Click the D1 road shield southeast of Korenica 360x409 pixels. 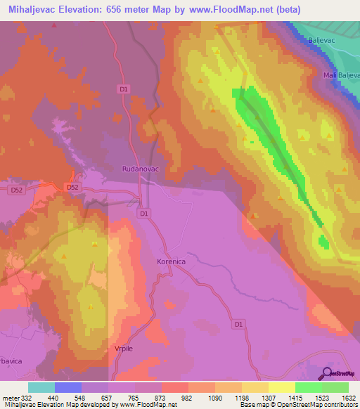tap(238, 324)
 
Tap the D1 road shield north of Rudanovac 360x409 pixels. tap(124, 89)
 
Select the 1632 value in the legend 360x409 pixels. tap(347, 398)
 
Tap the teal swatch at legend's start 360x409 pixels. tap(41, 387)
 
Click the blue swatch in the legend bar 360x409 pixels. tap(68, 387)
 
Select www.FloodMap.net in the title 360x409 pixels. tap(230, 9)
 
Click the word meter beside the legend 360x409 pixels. tap(11, 398)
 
